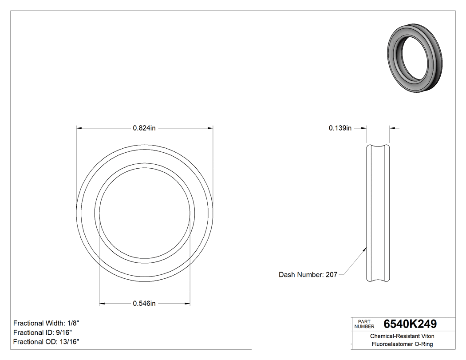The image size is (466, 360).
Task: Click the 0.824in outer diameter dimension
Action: pyautogui.click(x=144, y=128)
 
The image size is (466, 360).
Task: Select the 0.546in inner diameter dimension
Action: pyautogui.click(x=144, y=304)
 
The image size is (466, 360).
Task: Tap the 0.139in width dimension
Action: pyautogui.click(x=340, y=128)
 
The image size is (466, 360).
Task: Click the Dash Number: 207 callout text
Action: pyautogui.click(x=308, y=275)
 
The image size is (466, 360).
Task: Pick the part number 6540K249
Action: pyautogui.click(x=410, y=324)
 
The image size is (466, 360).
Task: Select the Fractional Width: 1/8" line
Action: pyautogui.click(x=46, y=323)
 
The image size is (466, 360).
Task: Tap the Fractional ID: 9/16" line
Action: pyautogui.click(x=43, y=332)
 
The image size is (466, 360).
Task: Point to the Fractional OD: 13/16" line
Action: pyautogui.click(x=46, y=341)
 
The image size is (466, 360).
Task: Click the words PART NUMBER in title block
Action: pyautogui.click(x=364, y=324)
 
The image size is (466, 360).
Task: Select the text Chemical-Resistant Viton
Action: pyautogui.click(x=402, y=336)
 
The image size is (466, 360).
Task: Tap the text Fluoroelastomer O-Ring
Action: pyautogui.click(x=402, y=344)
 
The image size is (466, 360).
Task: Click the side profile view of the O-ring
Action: pyautogui.click(x=378, y=213)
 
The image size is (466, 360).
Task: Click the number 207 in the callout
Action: pyautogui.click(x=332, y=275)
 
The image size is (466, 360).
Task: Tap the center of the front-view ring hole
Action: pyautogui.click(x=145, y=213)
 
